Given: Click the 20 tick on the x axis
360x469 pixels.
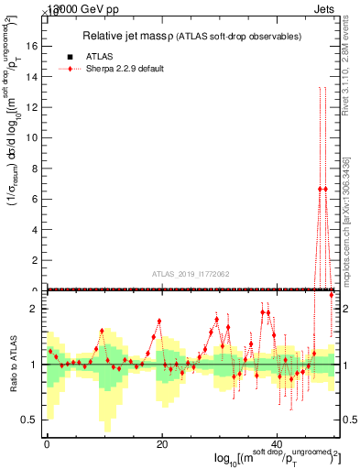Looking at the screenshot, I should [162, 443].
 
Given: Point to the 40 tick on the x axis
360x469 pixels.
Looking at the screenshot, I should [278, 443].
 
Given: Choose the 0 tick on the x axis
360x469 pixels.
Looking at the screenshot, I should [47, 443].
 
